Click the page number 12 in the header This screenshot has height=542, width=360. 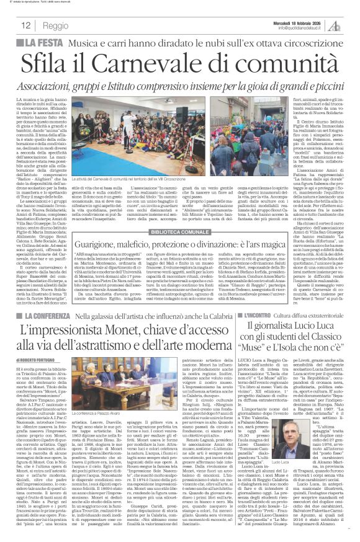click(x=26, y=25)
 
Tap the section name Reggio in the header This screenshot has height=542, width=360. click(x=56, y=25)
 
